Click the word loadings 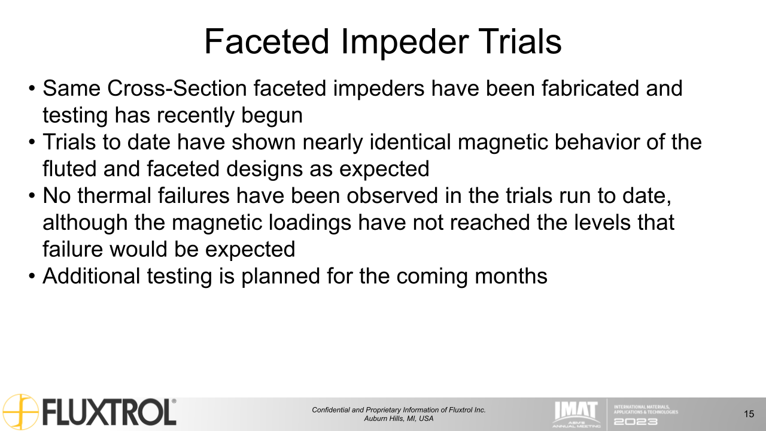tap(308, 223)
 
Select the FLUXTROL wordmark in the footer tap(109, 412)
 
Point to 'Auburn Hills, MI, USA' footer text tap(399, 418)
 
